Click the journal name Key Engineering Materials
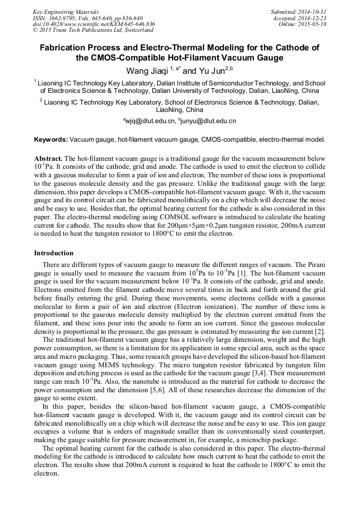coord(65,12)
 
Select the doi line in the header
coord(94,24)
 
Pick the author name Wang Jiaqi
coord(147,70)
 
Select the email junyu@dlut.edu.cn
coord(209,122)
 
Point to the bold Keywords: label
coord(51,140)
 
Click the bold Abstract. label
coord(48,159)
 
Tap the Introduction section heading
coord(54,253)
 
